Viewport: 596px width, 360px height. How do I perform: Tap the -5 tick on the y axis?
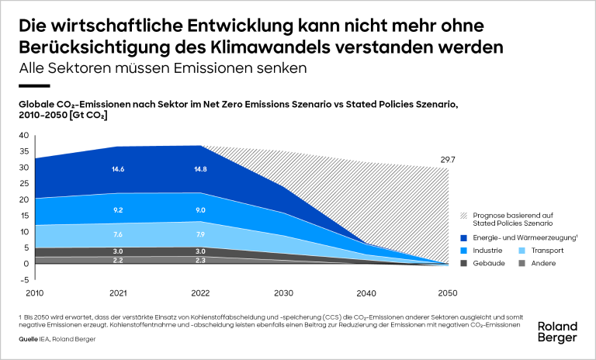(x=23, y=279)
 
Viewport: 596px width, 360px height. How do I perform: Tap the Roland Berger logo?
(x=557, y=332)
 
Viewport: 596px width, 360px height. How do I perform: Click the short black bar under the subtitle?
(x=34, y=86)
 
